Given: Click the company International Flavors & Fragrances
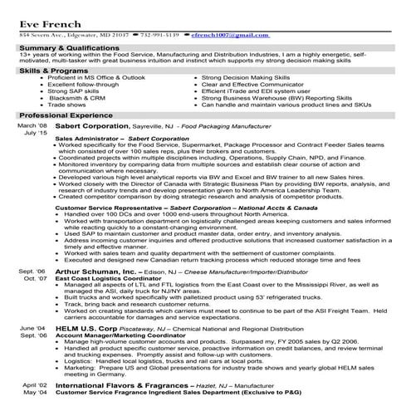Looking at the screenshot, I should [122, 386].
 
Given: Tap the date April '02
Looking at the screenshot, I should [33, 386].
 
